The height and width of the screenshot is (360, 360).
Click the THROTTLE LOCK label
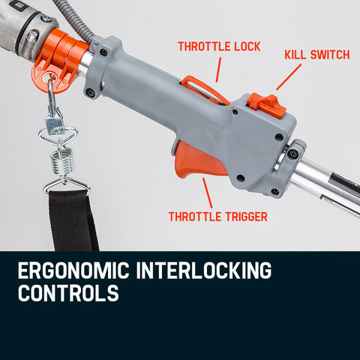click(219, 46)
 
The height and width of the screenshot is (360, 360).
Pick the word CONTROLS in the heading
click(67, 292)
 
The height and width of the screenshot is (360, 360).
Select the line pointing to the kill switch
click(289, 76)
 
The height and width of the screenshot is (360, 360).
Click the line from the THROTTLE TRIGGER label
click(207, 193)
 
